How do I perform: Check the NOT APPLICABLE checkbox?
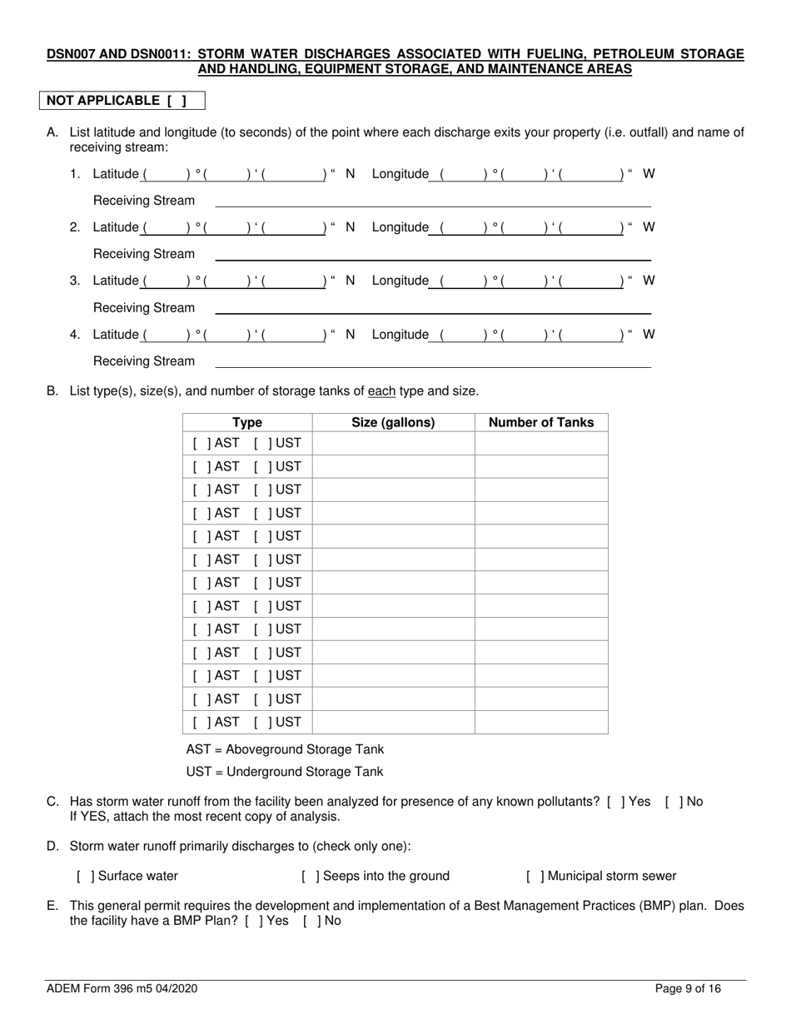point(174,101)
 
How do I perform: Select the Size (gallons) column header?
point(393,423)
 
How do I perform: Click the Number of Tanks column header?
point(541,423)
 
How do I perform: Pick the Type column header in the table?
point(247,423)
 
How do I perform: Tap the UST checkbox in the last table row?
point(262,723)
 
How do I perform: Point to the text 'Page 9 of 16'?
point(688,989)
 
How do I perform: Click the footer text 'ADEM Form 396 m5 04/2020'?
point(122,989)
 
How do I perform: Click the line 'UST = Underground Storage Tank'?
point(285,772)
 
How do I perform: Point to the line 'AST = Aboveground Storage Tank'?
point(285,749)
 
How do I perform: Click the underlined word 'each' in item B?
point(381,391)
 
